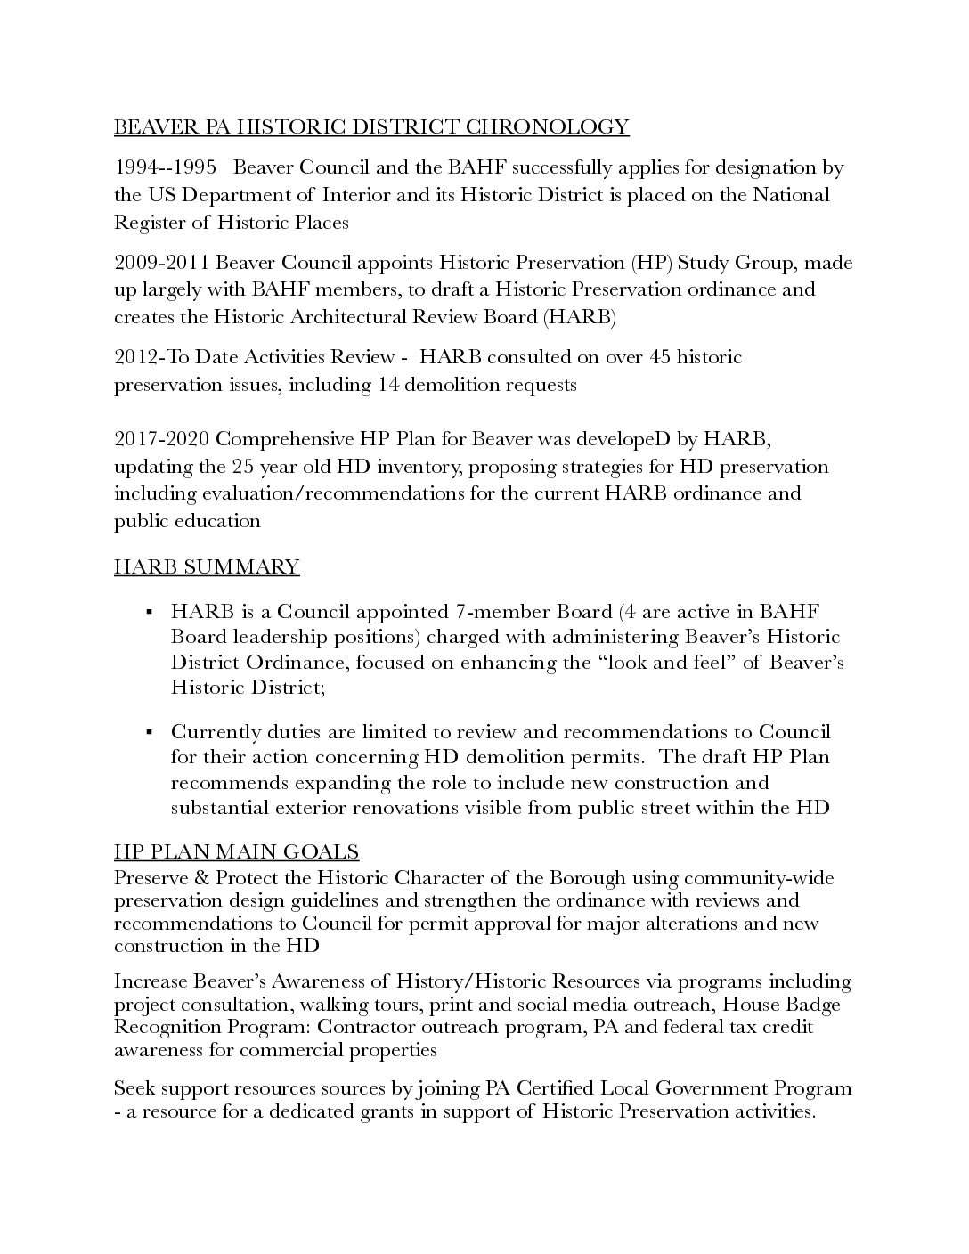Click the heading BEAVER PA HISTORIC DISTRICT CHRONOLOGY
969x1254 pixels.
coord(371,127)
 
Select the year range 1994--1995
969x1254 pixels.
coord(165,168)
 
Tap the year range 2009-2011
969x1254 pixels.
coord(162,263)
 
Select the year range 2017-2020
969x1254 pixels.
coord(162,439)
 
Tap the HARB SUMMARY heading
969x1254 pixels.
coord(207,567)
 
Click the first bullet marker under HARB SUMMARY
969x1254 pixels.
coord(150,612)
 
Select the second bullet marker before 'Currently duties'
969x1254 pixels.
coord(150,732)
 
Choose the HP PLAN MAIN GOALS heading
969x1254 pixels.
coord(237,852)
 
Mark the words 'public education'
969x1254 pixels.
coord(187,521)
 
